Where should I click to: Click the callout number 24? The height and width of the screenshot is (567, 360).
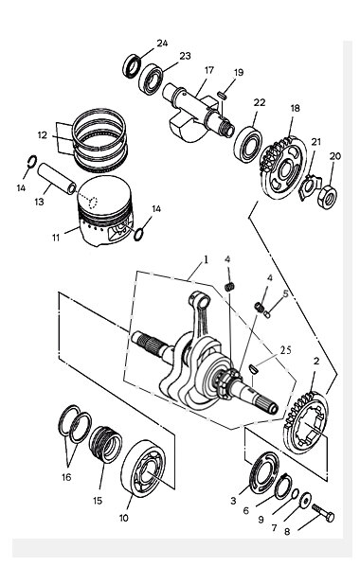162,44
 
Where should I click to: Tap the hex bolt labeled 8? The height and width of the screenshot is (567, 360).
323,512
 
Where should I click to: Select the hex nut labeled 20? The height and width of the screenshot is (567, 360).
327,196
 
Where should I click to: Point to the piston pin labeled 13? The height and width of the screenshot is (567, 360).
58,178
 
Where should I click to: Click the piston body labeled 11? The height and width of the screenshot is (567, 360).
105,211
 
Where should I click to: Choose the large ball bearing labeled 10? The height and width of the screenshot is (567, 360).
143,468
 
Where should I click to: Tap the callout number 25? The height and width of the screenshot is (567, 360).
284,350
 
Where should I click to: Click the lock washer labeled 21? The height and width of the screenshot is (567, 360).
310,186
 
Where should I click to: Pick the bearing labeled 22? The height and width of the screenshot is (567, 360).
248,144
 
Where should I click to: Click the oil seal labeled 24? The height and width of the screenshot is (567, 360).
132,66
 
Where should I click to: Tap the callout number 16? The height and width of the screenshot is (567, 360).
66,477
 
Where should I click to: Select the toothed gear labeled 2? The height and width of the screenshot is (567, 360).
306,422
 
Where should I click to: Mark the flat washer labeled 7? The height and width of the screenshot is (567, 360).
305,500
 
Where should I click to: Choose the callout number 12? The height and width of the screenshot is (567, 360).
43,135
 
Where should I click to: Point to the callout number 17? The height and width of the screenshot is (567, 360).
209,70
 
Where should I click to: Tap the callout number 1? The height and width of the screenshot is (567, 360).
206,260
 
